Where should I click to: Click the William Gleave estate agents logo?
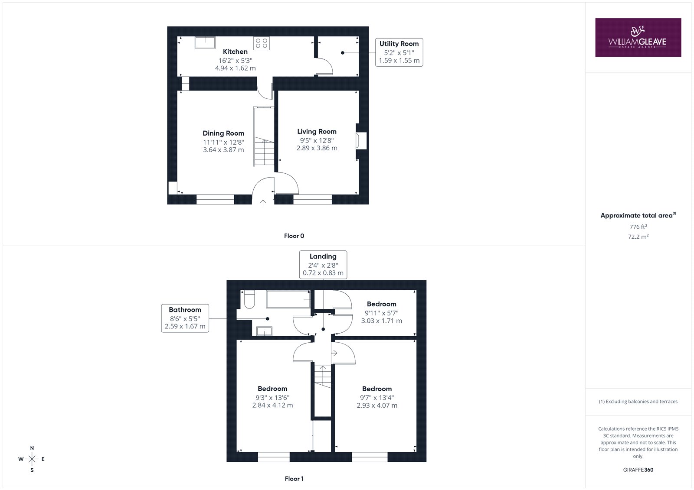(x=638, y=37)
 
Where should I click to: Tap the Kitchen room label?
(x=235, y=52)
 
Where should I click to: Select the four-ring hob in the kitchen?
(x=262, y=43)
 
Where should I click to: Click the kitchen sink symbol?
(x=205, y=43)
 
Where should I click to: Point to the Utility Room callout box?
(x=399, y=52)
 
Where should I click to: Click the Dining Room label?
(x=223, y=133)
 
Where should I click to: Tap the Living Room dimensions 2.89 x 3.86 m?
(x=317, y=148)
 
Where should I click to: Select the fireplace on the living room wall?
(x=361, y=141)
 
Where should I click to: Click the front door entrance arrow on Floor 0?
(x=263, y=202)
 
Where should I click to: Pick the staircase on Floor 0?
(x=264, y=136)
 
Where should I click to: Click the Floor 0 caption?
(x=294, y=236)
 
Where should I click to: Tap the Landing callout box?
(x=323, y=265)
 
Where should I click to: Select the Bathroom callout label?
(x=185, y=318)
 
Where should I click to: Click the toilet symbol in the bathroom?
(x=249, y=299)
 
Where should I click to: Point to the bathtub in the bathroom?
(x=288, y=299)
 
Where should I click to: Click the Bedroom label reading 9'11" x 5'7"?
(x=381, y=312)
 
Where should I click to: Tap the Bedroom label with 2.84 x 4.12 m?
(x=272, y=397)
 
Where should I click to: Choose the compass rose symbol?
(x=32, y=459)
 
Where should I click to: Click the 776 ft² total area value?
(x=638, y=227)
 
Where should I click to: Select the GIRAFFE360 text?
(x=638, y=470)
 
